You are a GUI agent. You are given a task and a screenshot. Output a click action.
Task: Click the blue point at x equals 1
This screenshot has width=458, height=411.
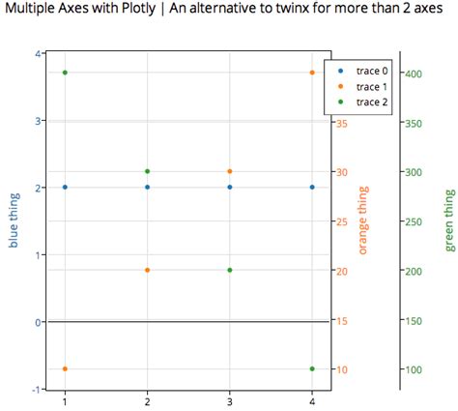point(65,187)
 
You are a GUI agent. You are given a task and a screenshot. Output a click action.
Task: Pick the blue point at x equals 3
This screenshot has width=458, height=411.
point(230,187)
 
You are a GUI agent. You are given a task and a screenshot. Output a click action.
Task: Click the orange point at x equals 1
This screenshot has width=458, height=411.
point(65,368)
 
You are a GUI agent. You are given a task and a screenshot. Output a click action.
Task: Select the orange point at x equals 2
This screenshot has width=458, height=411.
point(147,270)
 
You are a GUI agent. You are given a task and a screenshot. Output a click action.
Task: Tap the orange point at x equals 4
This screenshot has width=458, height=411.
point(312,73)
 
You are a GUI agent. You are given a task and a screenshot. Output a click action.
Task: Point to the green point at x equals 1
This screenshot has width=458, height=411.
point(65,73)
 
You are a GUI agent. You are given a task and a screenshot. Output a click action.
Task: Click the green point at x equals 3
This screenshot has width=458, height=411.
point(230,270)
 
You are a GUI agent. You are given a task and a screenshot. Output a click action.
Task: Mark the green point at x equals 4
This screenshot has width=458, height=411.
point(312,368)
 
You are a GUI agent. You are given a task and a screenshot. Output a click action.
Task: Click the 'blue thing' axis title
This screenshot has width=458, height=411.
point(14,220)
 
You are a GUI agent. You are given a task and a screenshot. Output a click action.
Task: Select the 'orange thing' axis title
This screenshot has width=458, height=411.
point(363,220)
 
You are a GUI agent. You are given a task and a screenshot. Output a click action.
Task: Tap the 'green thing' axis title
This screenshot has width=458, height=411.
point(449,220)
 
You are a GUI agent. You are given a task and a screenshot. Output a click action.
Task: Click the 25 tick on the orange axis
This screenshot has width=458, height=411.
point(343,221)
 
